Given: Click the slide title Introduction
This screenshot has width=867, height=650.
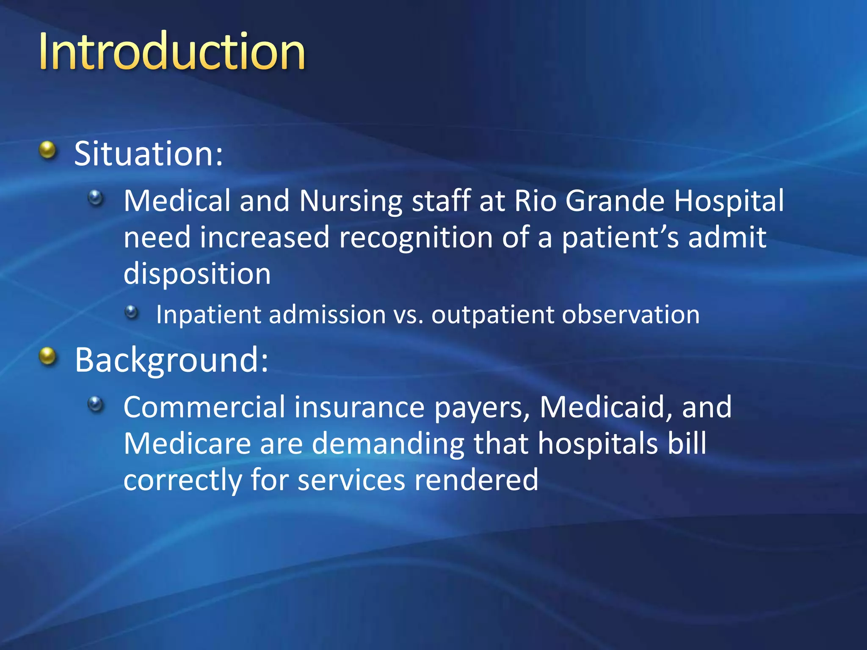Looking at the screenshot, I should point(171,52).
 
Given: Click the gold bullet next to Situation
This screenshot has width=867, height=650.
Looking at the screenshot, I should point(48,151).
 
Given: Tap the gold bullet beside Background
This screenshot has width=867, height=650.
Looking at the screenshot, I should point(48,356).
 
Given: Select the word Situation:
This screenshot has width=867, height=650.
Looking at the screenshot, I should point(148,153).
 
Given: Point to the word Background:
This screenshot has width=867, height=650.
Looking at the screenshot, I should point(171,360).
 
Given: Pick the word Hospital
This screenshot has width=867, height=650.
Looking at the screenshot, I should point(729,201).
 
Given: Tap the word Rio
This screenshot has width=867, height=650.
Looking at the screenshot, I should point(535,201).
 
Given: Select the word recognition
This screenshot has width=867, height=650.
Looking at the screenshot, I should point(416,238).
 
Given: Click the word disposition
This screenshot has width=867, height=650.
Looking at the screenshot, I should point(197,274).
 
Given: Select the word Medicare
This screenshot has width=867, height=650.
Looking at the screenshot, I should point(187,443).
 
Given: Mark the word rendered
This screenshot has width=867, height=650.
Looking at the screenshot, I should point(476,480).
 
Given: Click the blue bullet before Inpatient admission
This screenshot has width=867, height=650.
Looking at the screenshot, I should point(132,312).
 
